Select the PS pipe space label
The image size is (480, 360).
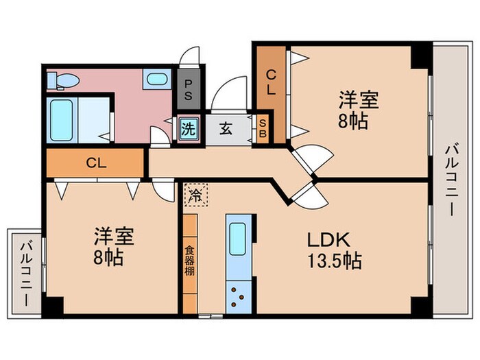pos(189,89)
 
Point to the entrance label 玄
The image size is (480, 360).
pos(226,128)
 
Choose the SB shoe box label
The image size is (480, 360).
pos(263,128)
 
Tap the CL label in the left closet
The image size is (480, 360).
pos(95,163)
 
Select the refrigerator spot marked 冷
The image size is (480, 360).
pos(195,195)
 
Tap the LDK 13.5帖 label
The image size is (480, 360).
pos(328,250)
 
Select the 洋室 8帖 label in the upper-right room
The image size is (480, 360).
pos(357,110)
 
